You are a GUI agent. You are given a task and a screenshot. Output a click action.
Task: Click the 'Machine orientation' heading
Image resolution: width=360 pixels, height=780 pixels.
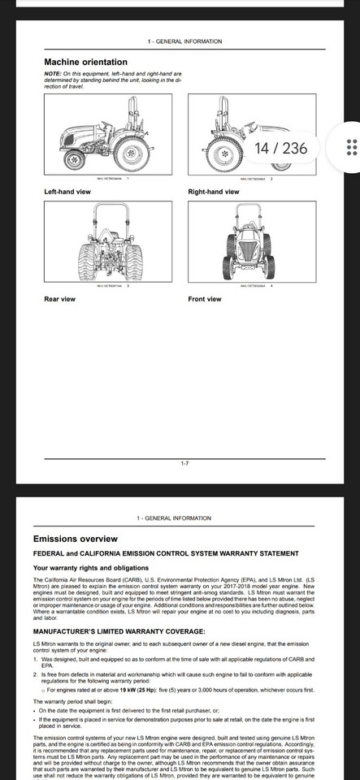pos(85,62)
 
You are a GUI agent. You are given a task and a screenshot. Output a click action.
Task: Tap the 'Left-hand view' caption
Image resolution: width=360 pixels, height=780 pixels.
pos(67,192)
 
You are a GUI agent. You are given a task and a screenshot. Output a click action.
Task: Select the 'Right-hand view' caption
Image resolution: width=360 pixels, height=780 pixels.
pos(214,192)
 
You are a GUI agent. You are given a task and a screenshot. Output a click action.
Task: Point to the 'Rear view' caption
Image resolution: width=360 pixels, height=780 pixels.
pos(59,299)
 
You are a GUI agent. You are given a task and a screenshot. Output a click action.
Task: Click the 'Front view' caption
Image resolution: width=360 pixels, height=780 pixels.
pos(205,299)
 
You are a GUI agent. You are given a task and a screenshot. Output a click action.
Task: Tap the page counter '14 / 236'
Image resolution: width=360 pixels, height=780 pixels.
pos(281,148)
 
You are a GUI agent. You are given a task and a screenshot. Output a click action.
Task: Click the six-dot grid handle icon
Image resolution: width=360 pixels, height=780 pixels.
pos(352,147)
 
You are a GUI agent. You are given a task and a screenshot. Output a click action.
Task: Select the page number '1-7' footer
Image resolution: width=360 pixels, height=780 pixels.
pos(184,463)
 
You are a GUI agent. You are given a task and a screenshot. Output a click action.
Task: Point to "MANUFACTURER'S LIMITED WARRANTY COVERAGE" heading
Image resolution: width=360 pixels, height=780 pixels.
pos(119,631)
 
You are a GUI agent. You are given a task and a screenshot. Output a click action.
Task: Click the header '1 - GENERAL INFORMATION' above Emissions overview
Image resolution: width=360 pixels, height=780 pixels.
pos(175,518)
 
